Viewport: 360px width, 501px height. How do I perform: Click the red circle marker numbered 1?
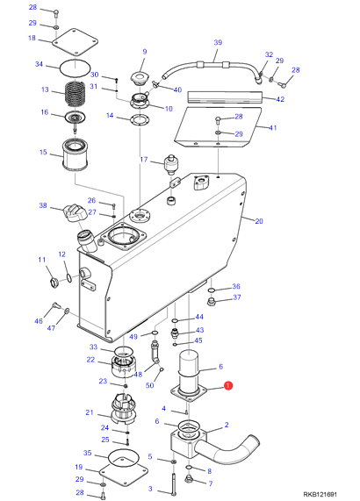(x=228, y=386)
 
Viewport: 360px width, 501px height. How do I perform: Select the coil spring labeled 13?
(x=76, y=94)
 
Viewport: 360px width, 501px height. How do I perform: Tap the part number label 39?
(x=218, y=42)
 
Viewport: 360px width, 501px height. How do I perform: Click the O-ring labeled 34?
(x=75, y=68)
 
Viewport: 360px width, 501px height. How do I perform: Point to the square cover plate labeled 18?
(x=75, y=42)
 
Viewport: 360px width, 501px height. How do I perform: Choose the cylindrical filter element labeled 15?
(x=75, y=154)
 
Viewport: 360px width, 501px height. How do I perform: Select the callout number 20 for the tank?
(x=259, y=221)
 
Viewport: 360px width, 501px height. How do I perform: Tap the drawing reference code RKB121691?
(x=320, y=494)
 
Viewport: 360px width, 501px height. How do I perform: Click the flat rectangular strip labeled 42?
(x=225, y=97)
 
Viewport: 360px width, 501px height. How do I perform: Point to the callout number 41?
(x=273, y=127)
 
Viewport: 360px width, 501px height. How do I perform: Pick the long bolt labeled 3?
(x=174, y=483)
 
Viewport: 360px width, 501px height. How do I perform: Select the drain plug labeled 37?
(x=212, y=301)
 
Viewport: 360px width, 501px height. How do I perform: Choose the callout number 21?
(x=90, y=412)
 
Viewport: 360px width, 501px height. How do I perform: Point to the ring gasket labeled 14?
(x=140, y=119)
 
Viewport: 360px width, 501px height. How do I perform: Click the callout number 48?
(x=138, y=374)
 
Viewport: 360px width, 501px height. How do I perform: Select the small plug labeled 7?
(x=189, y=479)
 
